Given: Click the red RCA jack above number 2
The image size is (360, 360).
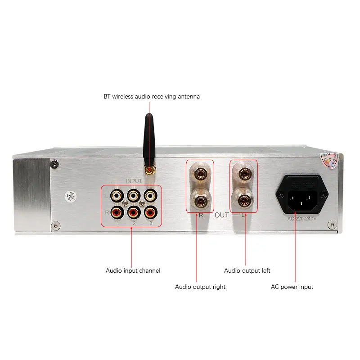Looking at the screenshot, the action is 133,211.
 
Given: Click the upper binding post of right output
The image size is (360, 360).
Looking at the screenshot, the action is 200,173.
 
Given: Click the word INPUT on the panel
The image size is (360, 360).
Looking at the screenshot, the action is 134,181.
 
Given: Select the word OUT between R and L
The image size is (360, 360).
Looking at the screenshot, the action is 221,216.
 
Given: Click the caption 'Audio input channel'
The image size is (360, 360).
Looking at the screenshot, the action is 133,270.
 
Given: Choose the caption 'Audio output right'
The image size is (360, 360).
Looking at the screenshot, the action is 200,287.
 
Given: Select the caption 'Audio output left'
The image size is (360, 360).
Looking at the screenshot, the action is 247,270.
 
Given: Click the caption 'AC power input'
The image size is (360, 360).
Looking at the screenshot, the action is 292,287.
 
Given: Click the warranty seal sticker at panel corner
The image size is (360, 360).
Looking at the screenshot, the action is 330,159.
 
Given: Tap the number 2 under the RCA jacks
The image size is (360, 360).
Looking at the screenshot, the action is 134,223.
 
